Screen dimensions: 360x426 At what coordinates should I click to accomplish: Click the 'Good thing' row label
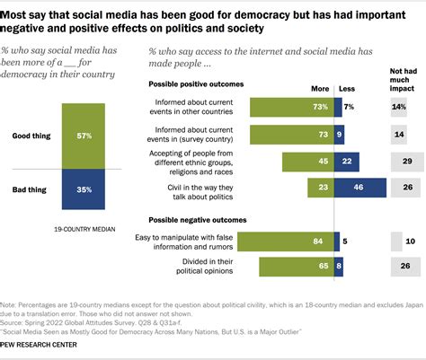click(x=33, y=136)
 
